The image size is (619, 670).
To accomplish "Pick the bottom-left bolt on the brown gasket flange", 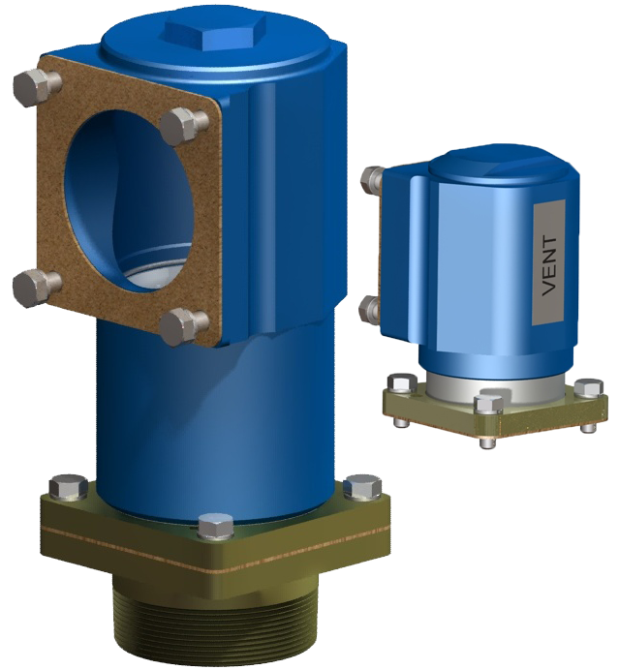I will [x=33, y=287].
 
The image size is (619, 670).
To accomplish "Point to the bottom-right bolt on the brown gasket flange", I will [x=183, y=324].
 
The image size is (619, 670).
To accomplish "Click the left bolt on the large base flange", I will [x=67, y=487].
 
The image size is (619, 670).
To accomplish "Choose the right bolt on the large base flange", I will [x=363, y=487].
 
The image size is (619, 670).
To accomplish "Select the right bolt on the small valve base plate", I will [x=587, y=388].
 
